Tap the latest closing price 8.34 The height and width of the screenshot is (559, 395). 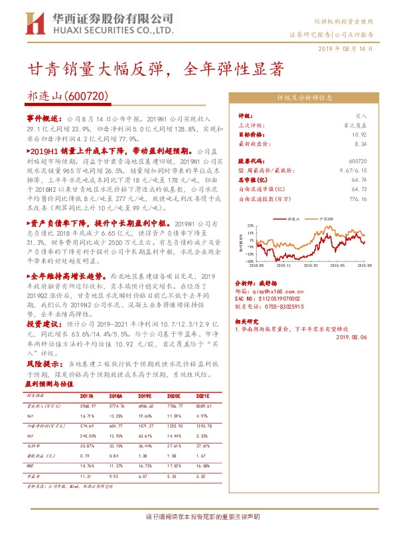click(x=360, y=143)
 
